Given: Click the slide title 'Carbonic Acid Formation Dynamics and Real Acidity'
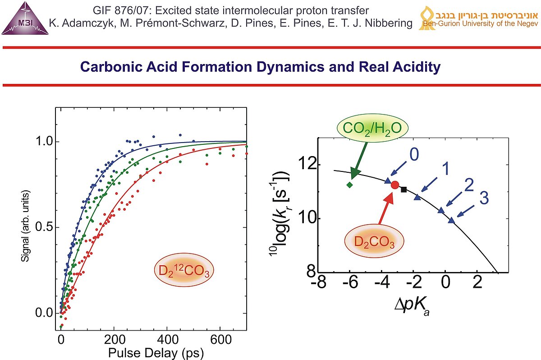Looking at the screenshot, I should (x=260, y=68).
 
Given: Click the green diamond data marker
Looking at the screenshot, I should (x=350, y=185).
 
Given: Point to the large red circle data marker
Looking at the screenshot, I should (x=395, y=185).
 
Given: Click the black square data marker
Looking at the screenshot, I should (x=404, y=189).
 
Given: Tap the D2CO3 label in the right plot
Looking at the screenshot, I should (x=374, y=244).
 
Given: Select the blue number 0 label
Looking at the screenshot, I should (x=414, y=154).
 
